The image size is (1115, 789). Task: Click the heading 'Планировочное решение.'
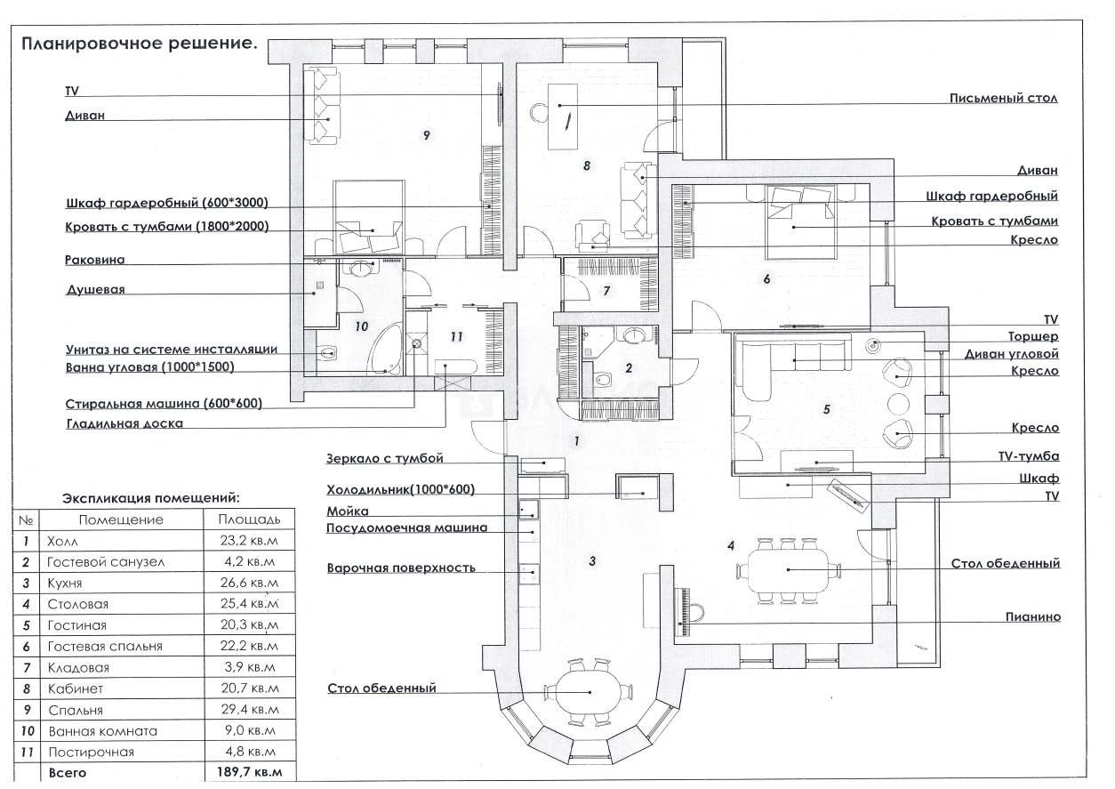[x=140, y=44]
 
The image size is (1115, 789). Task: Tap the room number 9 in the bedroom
[x=427, y=135]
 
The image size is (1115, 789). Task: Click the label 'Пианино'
[x=1033, y=616]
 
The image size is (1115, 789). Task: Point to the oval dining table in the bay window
[x=590, y=692]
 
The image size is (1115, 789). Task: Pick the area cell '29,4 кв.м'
[x=249, y=709]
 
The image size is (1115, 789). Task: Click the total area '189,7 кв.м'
[x=249, y=772]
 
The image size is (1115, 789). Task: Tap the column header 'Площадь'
[x=249, y=519]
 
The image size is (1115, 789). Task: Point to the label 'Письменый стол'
[x=1004, y=98]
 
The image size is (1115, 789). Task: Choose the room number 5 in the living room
[x=827, y=409]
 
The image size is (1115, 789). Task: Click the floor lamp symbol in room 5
[x=873, y=345]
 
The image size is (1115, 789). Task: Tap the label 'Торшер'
[x=1033, y=337]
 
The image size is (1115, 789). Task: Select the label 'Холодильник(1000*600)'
[x=401, y=489]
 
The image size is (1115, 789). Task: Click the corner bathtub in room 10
[x=386, y=349]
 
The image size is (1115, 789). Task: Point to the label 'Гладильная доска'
[x=124, y=424]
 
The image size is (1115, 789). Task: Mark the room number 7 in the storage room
[x=606, y=291]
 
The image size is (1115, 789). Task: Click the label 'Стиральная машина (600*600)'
[x=164, y=404]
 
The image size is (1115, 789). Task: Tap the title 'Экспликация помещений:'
[x=151, y=498]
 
